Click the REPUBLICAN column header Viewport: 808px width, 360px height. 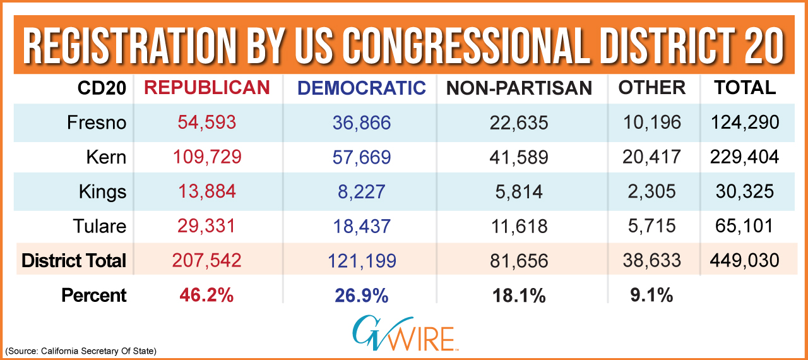tap(208, 88)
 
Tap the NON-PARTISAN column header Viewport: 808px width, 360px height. tap(519, 88)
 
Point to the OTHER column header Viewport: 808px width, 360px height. tap(652, 88)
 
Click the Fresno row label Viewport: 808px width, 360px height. tap(97, 123)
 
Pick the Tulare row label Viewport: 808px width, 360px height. tap(99, 226)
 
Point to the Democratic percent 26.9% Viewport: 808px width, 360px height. tap(360, 295)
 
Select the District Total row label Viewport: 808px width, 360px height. tap(74, 260)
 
